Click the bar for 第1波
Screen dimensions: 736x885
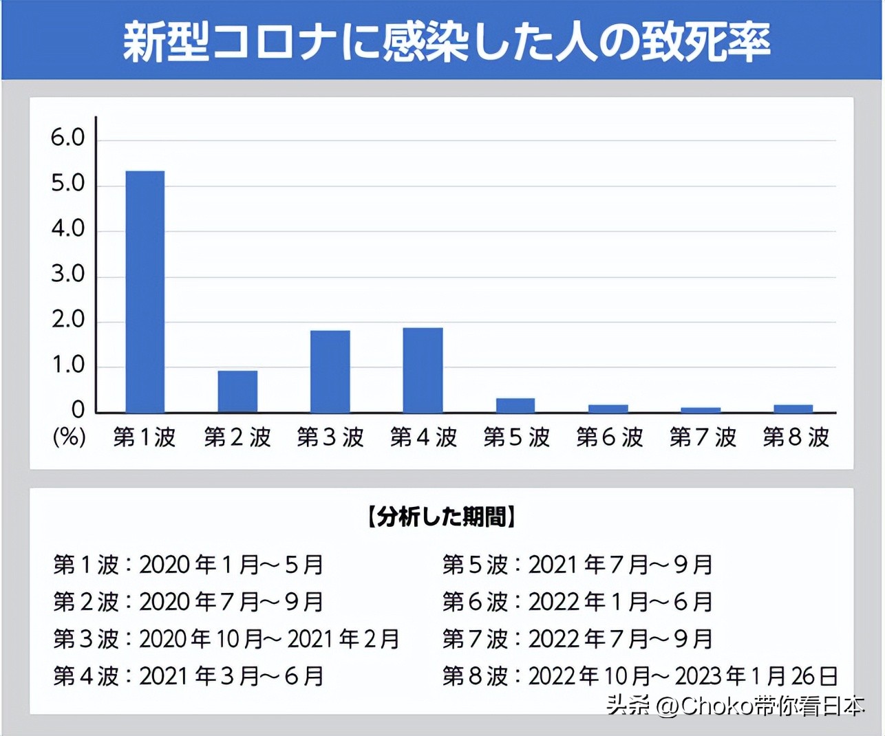[145, 292]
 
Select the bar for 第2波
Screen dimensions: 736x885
[237, 391]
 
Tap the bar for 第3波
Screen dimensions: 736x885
[330, 371]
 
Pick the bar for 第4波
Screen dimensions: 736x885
[423, 370]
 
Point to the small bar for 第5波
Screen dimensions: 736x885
[515, 405]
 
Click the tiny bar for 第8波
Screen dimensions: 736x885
[793, 409]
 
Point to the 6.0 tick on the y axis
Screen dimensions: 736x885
[67, 138]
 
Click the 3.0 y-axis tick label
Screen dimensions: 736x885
[67, 274]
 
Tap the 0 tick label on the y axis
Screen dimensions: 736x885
[78, 410]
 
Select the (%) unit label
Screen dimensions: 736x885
[70, 436]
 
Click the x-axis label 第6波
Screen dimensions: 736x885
[610, 437]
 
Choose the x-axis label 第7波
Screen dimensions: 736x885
[703, 437]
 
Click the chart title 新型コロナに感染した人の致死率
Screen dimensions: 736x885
[446, 41]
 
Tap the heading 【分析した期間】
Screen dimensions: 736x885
[441, 517]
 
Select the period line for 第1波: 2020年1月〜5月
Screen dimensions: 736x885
[189, 565]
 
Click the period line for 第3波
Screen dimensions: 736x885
[226, 639]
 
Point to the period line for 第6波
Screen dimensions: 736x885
[577, 602]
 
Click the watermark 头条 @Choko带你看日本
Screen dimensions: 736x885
[735, 706]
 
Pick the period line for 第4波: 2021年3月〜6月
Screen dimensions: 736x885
[189, 676]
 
